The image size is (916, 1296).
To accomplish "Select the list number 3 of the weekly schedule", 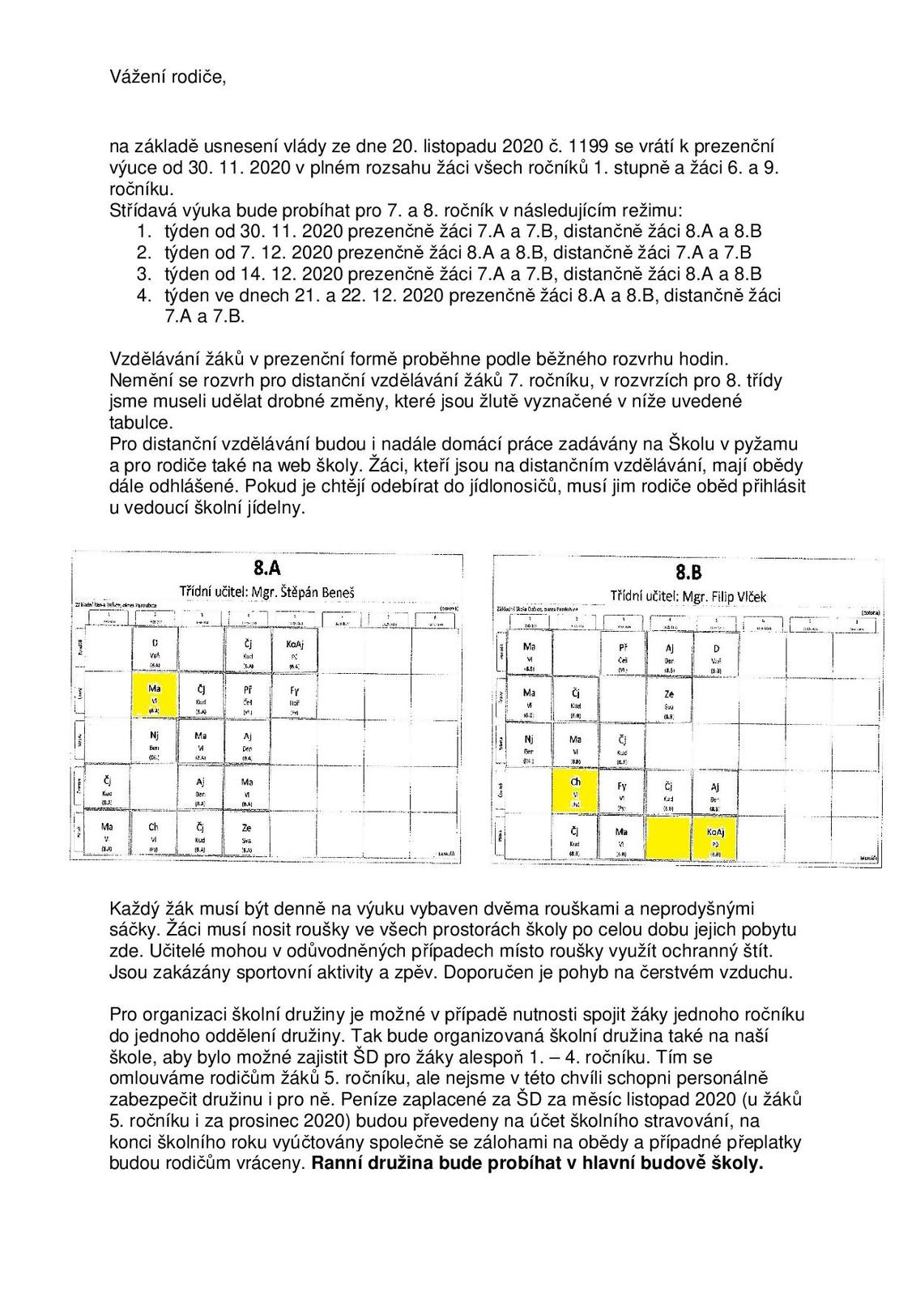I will coord(143,273).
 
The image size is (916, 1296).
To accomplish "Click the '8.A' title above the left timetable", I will coord(267,568).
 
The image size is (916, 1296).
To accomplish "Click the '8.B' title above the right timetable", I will coord(688,572).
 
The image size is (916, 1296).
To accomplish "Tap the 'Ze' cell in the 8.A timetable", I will coord(247,836).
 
